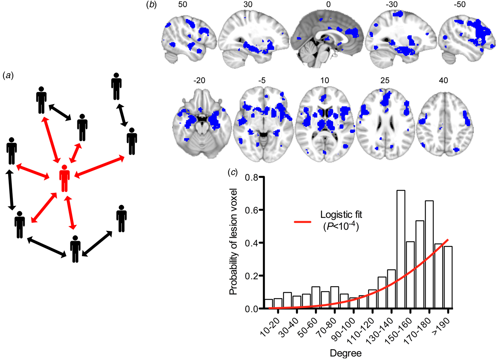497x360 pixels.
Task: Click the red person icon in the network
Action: [65, 178]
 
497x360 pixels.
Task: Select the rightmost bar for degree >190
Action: [448, 277]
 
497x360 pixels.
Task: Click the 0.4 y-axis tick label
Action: [252, 243]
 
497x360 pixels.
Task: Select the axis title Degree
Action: [345, 353]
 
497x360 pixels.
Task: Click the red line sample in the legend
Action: [302, 222]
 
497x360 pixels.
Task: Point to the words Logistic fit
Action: [341, 215]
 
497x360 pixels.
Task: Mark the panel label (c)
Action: [233, 173]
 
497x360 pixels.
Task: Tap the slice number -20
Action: [199, 81]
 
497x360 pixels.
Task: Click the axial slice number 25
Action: [385, 81]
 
